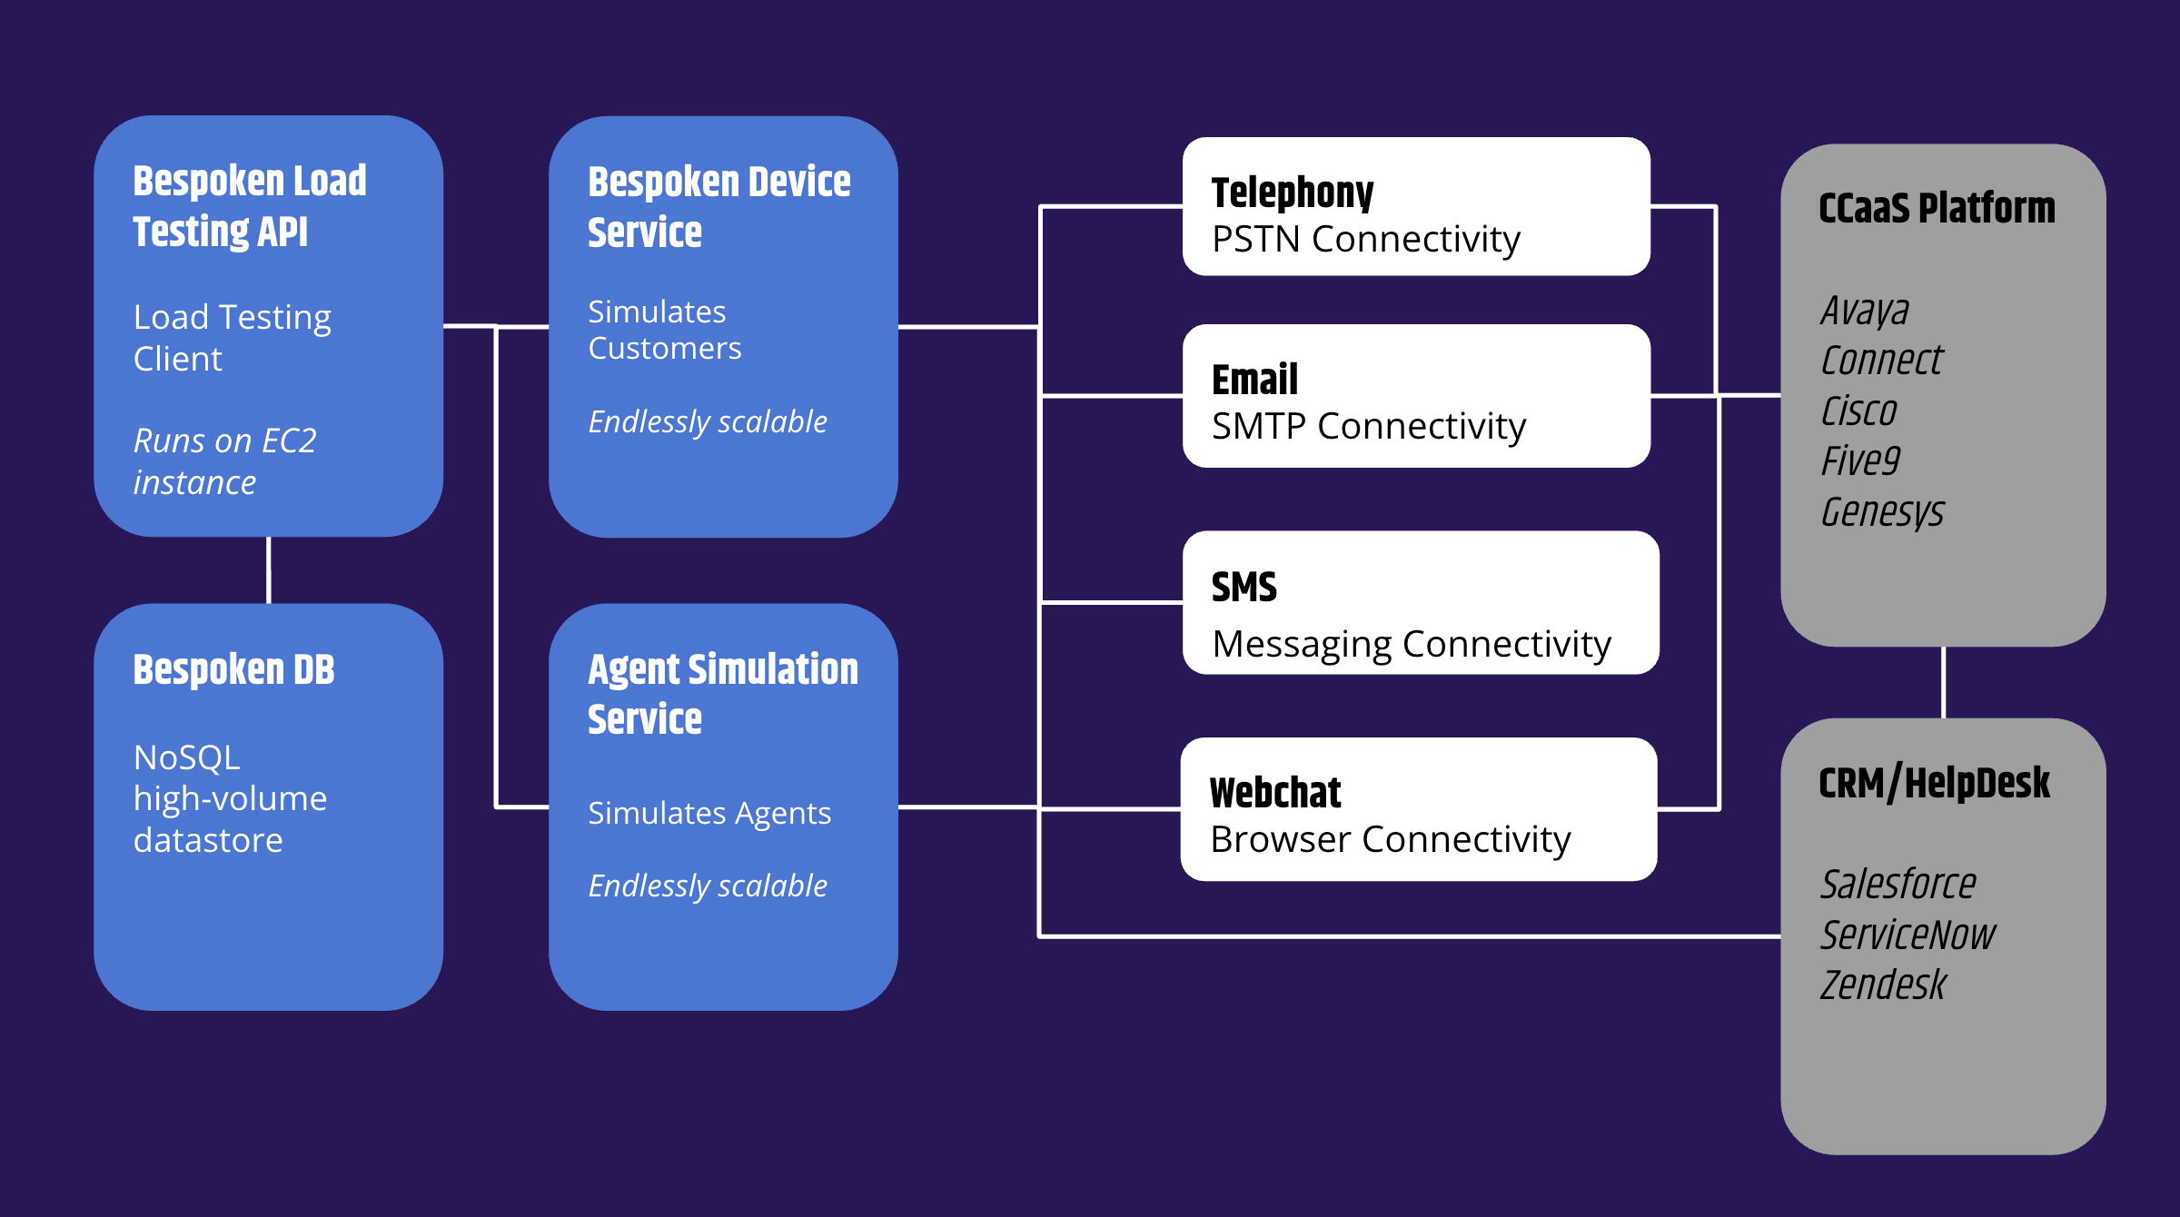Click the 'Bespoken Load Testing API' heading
[x=249, y=206]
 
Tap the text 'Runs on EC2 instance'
[x=224, y=461]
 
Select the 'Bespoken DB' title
[x=233, y=670]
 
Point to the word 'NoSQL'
[x=186, y=757]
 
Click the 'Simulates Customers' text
[x=664, y=330]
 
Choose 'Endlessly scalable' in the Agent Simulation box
[x=707, y=886]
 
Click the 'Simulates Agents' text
[x=708, y=813]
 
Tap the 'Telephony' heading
[x=1292, y=193]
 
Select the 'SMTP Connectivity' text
[x=1368, y=426]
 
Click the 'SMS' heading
[x=1244, y=588]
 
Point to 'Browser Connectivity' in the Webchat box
[x=1390, y=839]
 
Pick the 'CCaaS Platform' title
[x=1936, y=208]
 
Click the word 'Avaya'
[x=1864, y=311]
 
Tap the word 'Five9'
[x=1859, y=460]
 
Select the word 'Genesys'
[x=1881, y=511]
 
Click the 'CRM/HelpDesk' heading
[x=1933, y=783]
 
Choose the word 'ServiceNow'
[x=1907, y=935]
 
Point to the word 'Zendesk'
[x=1882, y=984]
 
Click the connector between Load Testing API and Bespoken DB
[x=269, y=570]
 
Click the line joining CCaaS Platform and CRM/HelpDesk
[x=1943, y=682]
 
